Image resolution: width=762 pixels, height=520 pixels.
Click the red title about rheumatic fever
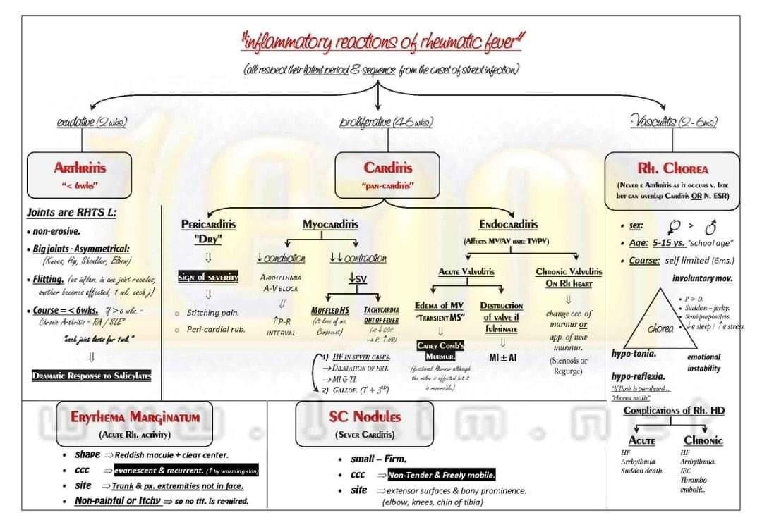[385, 42]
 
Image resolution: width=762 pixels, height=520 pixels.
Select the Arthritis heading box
[80, 175]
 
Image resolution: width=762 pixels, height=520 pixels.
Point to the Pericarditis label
[208, 224]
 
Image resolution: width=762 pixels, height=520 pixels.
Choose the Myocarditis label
[330, 224]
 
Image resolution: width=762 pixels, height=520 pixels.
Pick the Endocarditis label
[508, 224]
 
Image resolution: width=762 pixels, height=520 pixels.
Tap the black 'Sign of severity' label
[208, 277]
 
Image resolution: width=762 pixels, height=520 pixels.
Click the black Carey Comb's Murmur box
[441, 350]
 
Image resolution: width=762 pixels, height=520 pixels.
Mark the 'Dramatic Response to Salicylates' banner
[92, 376]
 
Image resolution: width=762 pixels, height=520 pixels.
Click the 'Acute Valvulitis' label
[466, 271]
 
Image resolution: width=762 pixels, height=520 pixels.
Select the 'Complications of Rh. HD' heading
[674, 411]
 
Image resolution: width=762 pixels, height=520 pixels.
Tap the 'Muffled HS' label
[329, 310]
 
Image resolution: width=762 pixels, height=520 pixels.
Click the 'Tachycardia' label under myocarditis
[382, 310]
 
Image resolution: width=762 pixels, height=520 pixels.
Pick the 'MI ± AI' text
[503, 357]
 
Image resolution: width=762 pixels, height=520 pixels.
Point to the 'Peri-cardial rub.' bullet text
[216, 329]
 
